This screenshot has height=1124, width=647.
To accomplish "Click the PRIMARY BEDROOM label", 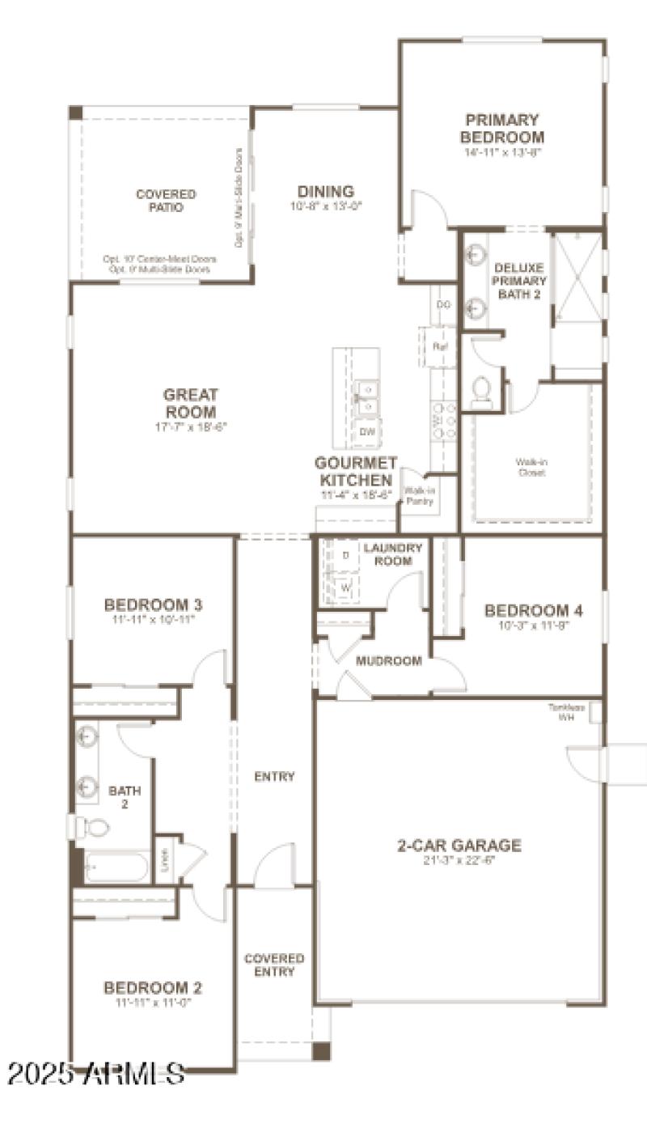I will [502, 128].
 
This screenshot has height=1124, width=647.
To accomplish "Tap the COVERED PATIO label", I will [166, 201].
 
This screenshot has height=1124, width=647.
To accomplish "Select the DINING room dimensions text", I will [326, 206].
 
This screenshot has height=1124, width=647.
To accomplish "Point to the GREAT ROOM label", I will [191, 402].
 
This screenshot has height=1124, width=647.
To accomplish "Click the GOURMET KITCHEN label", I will [356, 471].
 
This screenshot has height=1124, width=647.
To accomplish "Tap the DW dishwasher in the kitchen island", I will [367, 432].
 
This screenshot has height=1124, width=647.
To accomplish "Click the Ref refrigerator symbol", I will [440, 346].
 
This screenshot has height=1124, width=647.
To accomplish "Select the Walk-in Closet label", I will [531, 467].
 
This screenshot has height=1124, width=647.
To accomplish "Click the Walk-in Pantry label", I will [419, 496].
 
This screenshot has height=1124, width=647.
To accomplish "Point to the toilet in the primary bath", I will [482, 391].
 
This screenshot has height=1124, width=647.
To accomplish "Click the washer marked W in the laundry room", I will [345, 587].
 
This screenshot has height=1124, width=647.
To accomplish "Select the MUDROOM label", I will [389, 661].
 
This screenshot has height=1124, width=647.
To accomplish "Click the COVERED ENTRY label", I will [274, 965].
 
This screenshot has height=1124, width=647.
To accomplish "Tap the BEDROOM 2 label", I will [153, 988].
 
